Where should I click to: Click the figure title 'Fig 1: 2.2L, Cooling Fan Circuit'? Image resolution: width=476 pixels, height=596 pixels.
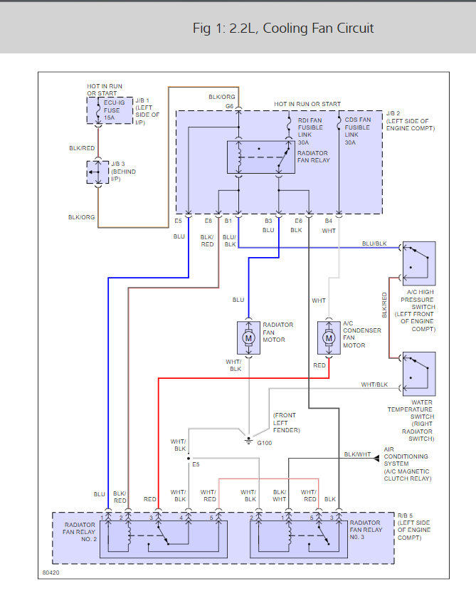point(283,28)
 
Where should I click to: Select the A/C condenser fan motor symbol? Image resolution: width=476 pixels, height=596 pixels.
point(328,338)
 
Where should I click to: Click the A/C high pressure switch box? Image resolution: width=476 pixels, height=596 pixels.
point(418,263)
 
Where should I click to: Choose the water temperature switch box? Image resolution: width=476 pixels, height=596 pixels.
point(418,374)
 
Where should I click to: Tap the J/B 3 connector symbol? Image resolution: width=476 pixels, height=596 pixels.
point(96,172)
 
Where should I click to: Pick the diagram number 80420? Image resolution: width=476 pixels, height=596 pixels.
point(51,572)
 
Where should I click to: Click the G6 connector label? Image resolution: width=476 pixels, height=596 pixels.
point(230,106)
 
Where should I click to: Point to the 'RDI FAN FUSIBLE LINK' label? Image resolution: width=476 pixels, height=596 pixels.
point(310,131)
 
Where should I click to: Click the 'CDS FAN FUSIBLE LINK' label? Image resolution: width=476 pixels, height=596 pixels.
point(357,131)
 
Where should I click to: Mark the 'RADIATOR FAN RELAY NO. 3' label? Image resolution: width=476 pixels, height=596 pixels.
point(365,530)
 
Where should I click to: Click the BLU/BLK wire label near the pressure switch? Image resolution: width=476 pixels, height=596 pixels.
point(374,244)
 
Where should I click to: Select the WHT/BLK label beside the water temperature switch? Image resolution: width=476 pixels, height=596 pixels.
point(374,385)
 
